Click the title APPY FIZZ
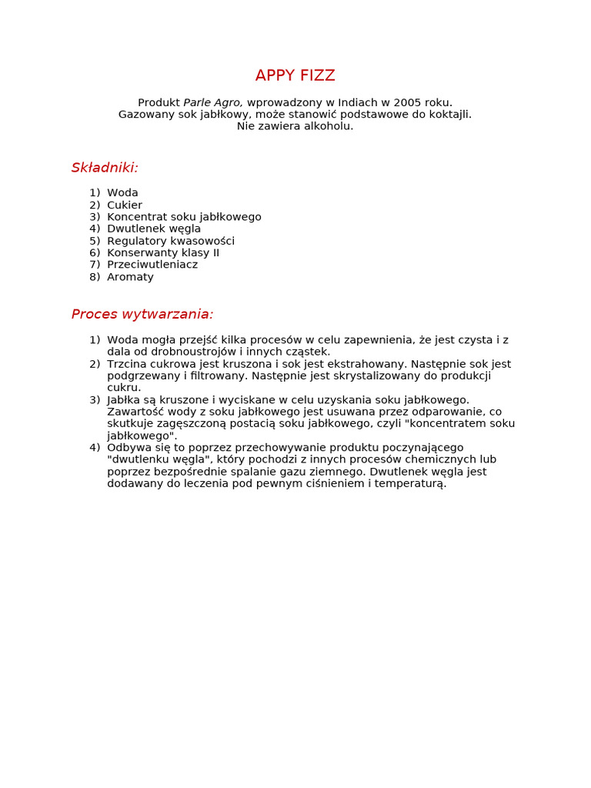coord(295,75)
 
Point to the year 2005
coord(408,102)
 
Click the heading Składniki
coord(105,168)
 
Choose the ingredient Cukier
coord(125,205)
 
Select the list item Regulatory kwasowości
coord(171,241)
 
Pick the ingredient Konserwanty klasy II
coord(163,252)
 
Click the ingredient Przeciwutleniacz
coord(152,265)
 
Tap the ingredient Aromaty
coord(130,277)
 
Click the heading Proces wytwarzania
coord(142,314)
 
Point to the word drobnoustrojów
coord(190,352)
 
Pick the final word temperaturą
coord(412,484)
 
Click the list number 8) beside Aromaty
coord(95,277)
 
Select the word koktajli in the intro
coord(449,115)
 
